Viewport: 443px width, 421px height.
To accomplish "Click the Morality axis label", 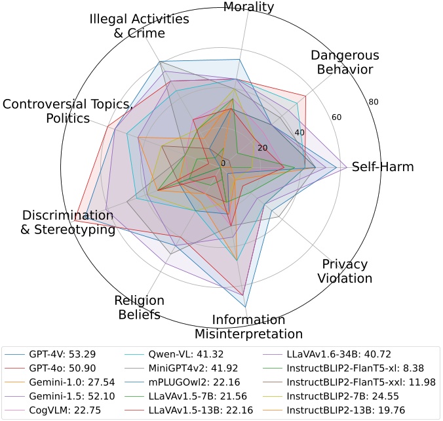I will pos(249,7).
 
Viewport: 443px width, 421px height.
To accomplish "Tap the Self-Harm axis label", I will pos(383,167).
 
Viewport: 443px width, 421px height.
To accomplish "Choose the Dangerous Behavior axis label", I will pos(341,62).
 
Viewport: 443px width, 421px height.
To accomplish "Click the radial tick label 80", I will pos(374,102).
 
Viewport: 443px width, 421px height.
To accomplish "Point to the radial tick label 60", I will pos(336,117).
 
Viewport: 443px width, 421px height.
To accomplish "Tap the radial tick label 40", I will pos(299,133).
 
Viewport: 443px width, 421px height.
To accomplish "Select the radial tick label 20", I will pos(262,148).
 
